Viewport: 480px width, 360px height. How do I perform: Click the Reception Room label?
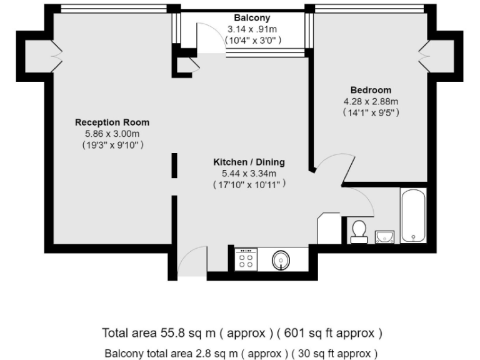pyautogui.click(x=112, y=122)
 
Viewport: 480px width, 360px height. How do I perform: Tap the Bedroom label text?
pyautogui.click(x=371, y=90)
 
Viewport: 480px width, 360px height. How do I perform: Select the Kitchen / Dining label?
pyautogui.click(x=249, y=162)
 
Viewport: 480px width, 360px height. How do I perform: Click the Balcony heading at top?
pyautogui.click(x=252, y=17)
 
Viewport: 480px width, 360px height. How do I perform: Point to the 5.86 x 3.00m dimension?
pyautogui.click(x=112, y=133)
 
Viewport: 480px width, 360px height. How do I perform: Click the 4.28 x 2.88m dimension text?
pyautogui.click(x=371, y=101)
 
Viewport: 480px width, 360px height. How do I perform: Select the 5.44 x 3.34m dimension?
pyautogui.click(x=249, y=173)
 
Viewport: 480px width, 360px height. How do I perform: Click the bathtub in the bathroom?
pyautogui.click(x=413, y=216)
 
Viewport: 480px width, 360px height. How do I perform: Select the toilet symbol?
pyautogui.click(x=359, y=230)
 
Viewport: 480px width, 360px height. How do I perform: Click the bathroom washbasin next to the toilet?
pyautogui.click(x=384, y=236)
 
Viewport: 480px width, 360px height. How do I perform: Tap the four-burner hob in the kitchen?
pyautogui.click(x=246, y=259)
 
